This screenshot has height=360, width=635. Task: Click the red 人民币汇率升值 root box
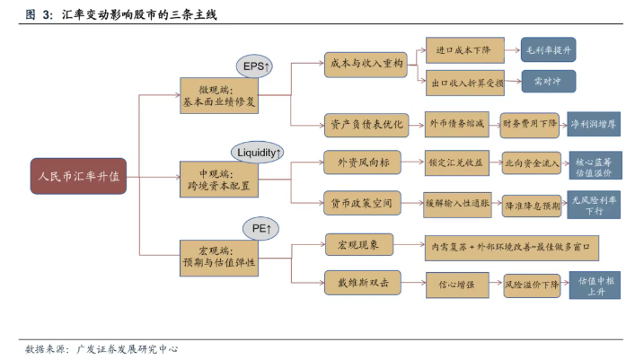(78, 177)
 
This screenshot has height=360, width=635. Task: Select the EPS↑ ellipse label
(258, 66)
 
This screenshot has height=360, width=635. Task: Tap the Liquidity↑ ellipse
(258, 153)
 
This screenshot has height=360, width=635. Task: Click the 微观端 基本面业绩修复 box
(219, 95)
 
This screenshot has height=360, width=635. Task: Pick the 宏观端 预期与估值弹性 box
(219, 257)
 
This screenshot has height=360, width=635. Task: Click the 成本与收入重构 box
(365, 64)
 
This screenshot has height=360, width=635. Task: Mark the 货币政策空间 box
(364, 204)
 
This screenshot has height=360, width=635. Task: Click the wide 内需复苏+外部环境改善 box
(512, 244)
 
